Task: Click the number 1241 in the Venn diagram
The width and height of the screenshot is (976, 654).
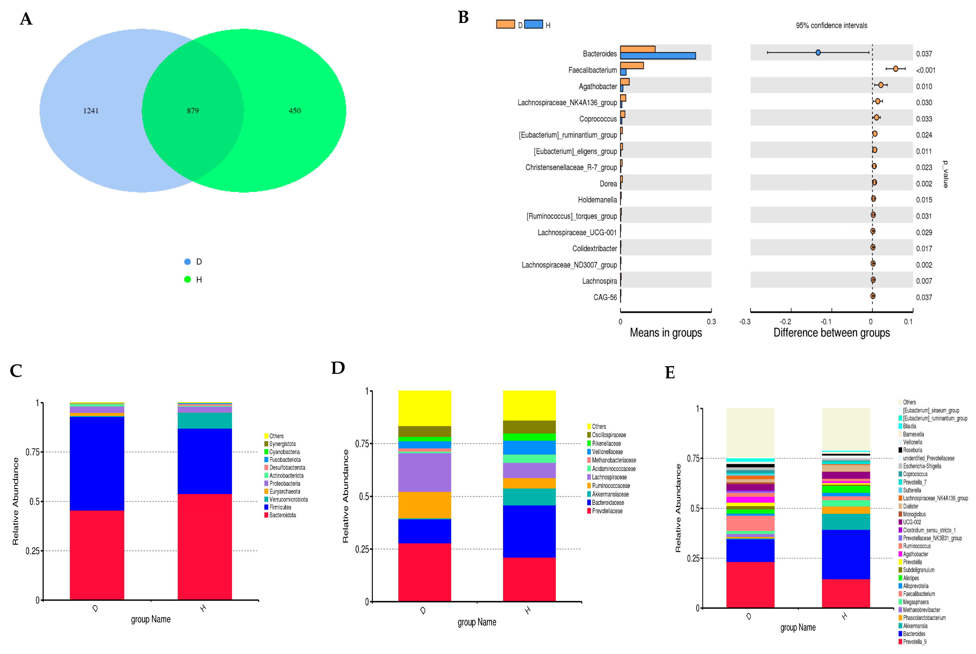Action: click(91, 110)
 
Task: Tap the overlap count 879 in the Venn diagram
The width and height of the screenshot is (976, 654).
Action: click(193, 110)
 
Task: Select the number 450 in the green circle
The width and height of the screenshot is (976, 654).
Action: click(294, 110)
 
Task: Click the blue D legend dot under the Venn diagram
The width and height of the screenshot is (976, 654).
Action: click(187, 261)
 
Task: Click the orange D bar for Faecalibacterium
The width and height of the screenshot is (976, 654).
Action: click(632, 66)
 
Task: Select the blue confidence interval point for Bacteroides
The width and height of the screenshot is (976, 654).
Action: click(818, 53)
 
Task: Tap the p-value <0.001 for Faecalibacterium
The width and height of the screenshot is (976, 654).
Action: click(926, 70)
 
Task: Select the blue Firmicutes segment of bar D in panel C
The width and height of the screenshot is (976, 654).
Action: click(97, 463)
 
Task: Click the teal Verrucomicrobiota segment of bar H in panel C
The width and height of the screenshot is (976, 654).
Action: click(205, 420)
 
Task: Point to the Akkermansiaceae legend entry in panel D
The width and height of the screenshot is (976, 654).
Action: click(610, 494)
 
